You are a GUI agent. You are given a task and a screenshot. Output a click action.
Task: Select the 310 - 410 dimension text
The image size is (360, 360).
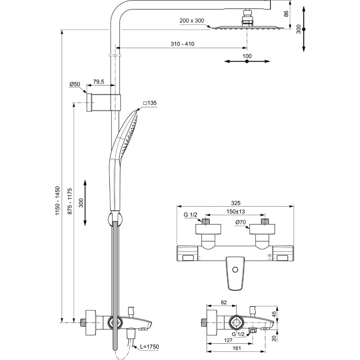(182, 44)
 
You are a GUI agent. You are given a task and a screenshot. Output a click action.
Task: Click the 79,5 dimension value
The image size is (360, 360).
(98, 81)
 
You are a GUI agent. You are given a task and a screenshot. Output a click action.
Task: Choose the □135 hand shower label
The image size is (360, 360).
(149, 103)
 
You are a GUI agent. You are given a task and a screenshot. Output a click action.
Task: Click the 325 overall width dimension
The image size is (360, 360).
(234, 202)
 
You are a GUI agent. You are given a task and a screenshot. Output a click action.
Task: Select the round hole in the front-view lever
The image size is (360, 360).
(234, 270)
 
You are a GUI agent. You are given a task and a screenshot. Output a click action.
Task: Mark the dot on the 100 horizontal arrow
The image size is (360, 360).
(247, 62)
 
